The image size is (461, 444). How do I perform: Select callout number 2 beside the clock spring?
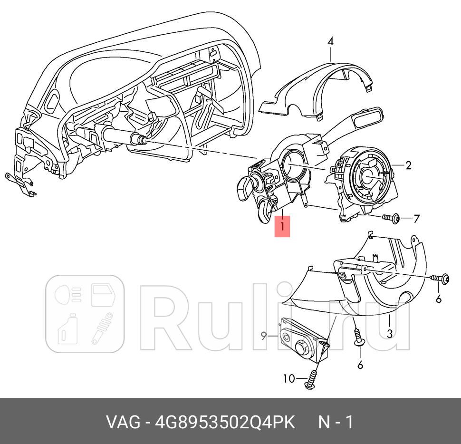pyautogui.click(x=408, y=165)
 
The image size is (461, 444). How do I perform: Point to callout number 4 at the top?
pyautogui.click(x=330, y=41)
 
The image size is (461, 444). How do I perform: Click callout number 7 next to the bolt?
pyautogui.click(x=416, y=219)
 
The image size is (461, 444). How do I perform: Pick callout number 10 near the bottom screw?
pyautogui.click(x=289, y=378)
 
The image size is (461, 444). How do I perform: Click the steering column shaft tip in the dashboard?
pyautogui.click(x=141, y=140)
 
